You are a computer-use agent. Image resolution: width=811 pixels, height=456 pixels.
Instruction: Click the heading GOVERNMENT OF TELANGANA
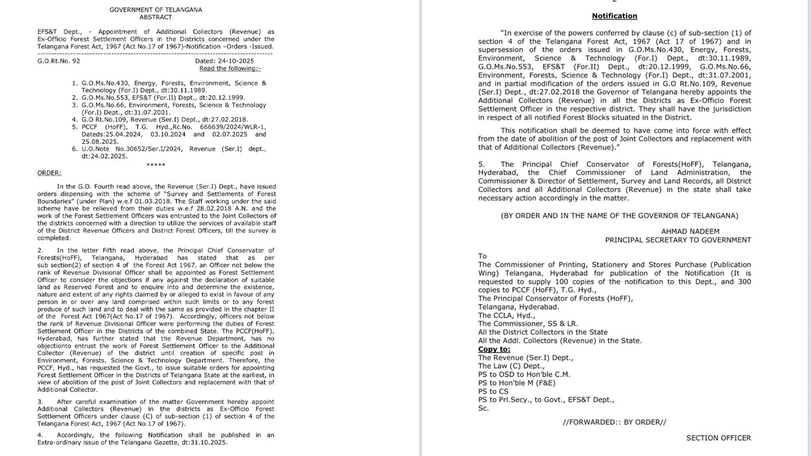[x=155, y=9]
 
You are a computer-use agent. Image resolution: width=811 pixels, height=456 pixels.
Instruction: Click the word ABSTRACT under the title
[x=155, y=17]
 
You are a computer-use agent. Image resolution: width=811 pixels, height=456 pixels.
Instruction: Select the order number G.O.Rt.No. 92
[x=59, y=61]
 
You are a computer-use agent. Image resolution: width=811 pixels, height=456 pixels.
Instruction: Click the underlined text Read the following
[x=229, y=68]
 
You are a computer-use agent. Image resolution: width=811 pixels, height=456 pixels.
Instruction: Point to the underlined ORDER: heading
[x=49, y=172]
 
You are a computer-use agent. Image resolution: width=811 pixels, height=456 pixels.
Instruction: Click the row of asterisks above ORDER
[x=155, y=165]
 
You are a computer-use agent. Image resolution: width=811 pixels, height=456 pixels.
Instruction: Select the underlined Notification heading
[x=615, y=16]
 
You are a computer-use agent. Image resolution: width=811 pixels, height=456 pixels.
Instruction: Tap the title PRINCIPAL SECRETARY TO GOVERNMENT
[x=678, y=240]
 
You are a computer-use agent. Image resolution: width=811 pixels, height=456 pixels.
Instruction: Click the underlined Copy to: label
[x=494, y=349]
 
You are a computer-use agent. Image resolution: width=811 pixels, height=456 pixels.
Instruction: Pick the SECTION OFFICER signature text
[x=718, y=438]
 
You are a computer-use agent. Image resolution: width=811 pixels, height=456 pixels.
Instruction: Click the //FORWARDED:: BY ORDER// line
[x=615, y=422]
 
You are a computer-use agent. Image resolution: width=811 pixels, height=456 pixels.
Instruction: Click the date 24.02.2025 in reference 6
[x=105, y=156]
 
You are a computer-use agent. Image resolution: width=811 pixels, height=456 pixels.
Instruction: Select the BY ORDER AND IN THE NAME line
[x=619, y=215]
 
